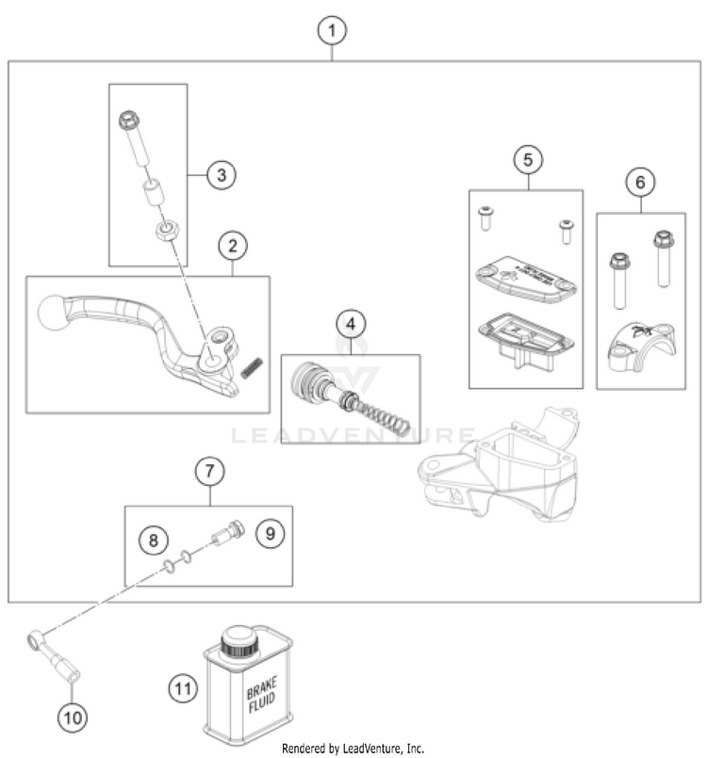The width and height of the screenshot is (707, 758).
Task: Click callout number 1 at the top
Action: click(331, 31)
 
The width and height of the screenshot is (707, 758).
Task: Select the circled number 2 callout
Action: click(233, 247)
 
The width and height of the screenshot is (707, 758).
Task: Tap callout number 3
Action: click(221, 174)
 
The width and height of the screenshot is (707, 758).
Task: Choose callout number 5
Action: click(528, 160)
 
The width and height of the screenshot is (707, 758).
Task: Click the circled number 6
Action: click(640, 181)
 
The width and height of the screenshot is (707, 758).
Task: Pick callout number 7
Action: click(209, 470)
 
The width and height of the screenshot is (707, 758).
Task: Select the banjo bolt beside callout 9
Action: click(231, 534)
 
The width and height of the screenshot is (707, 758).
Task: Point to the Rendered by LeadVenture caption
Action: click(353, 749)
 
